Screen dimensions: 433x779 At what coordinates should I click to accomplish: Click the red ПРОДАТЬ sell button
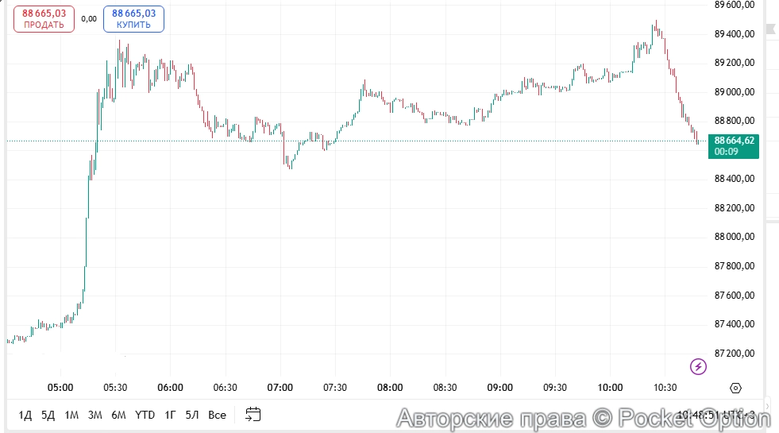point(44,18)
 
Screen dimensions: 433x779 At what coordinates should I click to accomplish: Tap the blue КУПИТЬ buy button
point(133,18)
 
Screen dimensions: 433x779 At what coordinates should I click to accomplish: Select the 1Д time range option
point(25,415)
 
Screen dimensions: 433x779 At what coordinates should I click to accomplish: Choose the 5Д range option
point(48,415)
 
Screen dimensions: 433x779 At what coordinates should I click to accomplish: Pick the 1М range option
point(71,415)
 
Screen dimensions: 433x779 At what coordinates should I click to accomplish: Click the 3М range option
point(95,415)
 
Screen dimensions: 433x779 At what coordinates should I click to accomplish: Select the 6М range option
point(119,415)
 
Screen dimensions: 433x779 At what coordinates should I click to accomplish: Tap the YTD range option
point(145,415)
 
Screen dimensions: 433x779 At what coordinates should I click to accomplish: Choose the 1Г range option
point(170,415)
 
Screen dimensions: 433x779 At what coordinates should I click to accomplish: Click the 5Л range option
point(192,415)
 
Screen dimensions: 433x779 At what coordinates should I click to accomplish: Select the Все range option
point(217,415)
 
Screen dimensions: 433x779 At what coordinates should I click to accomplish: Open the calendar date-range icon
point(253,414)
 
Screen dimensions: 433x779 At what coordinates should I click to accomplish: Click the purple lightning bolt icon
point(698,366)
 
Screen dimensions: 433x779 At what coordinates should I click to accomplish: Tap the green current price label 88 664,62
point(734,145)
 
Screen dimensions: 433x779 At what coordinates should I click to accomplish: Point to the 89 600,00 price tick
point(734,5)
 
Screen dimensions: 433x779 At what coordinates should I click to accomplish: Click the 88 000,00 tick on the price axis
point(734,237)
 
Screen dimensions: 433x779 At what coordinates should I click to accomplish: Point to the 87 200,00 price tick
point(734,353)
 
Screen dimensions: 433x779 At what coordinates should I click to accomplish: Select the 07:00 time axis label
point(280,388)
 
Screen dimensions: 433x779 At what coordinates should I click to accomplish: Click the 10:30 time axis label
point(665,388)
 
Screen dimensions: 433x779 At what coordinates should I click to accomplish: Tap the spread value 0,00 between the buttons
point(89,18)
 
